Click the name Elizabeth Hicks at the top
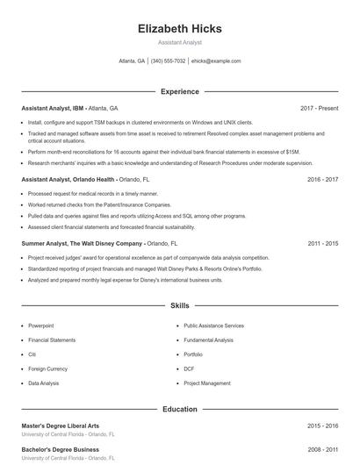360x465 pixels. pos(180,29)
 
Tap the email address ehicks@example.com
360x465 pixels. pos(215,61)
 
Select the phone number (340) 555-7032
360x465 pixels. pos(168,61)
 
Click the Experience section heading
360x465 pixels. pos(180,91)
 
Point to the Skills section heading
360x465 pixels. pos(180,306)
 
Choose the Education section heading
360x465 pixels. pos(180,409)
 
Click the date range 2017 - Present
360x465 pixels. pos(319,108)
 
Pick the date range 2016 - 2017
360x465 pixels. pos(322,178)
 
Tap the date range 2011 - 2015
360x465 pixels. pos(322,243)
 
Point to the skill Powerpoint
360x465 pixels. pos(40,325)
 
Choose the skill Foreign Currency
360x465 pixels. pos(47,368)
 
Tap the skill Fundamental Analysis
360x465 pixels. pos(208,340)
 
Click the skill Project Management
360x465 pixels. pos(206,383)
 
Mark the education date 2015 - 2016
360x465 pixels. pos(322,426)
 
